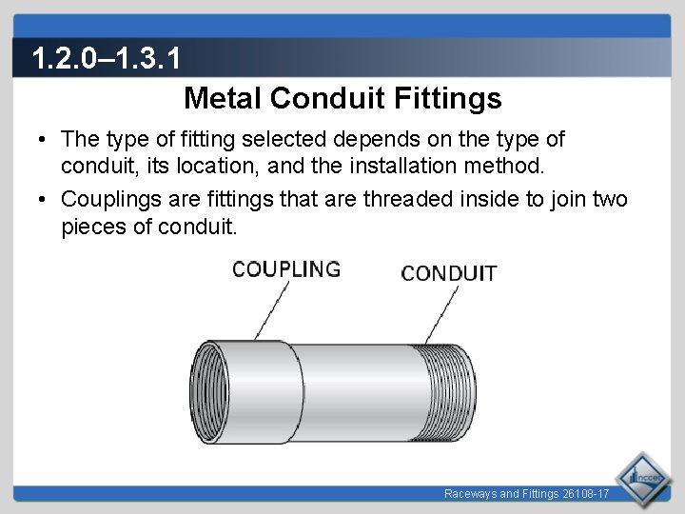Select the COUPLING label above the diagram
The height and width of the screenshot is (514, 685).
286,269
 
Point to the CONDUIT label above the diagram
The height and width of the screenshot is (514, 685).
448,274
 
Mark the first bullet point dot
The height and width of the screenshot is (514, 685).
44,141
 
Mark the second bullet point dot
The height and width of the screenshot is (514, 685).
44,200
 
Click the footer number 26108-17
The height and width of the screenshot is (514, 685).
584,495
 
